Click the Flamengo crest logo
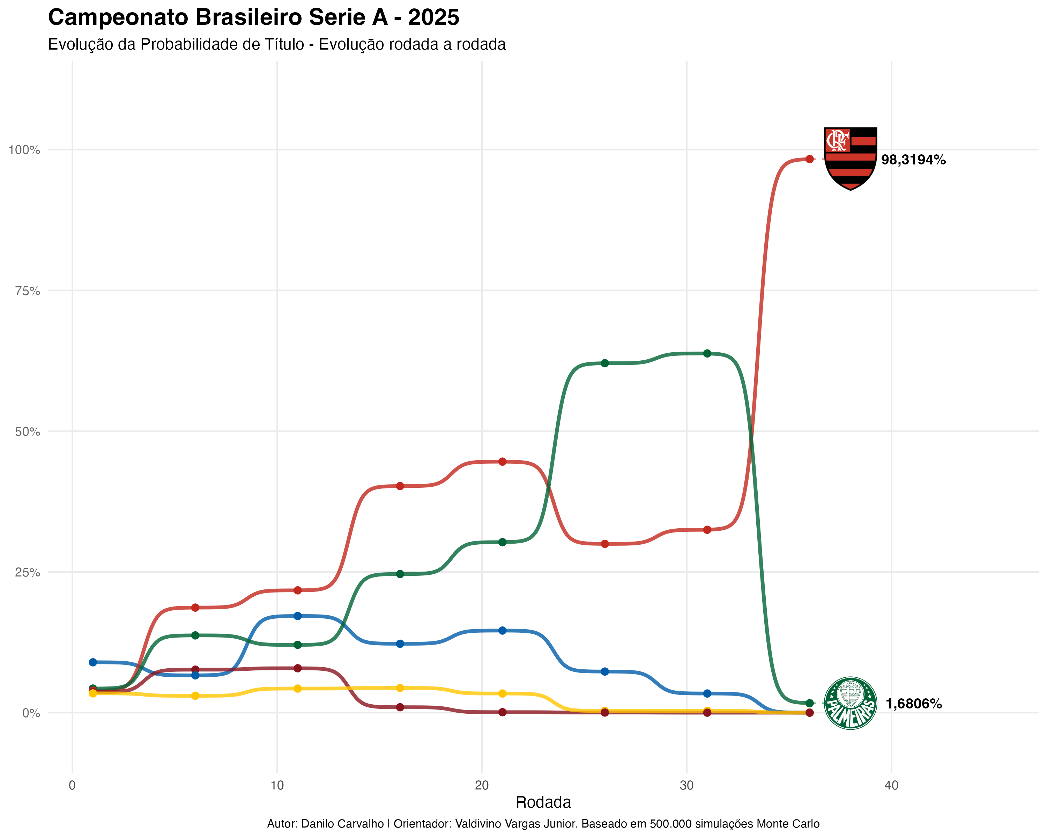click(x=850, y=159)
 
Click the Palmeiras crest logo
click(x=850, y=703)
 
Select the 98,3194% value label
click(x=913, y=160)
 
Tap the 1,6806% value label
click(x=913, y=704)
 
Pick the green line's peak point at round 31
click(x=707, y=353)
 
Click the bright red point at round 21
click(x=503, y=462)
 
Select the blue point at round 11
click(x=298, y=616)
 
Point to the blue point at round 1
click(x=93, y=662)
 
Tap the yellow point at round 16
click(x=400, y=688)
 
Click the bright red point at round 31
click(x=707, y=530)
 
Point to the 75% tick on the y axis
click(x=27, y=291)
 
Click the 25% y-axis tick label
click(x=27, y=572)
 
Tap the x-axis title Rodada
click(x=543, y=802)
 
